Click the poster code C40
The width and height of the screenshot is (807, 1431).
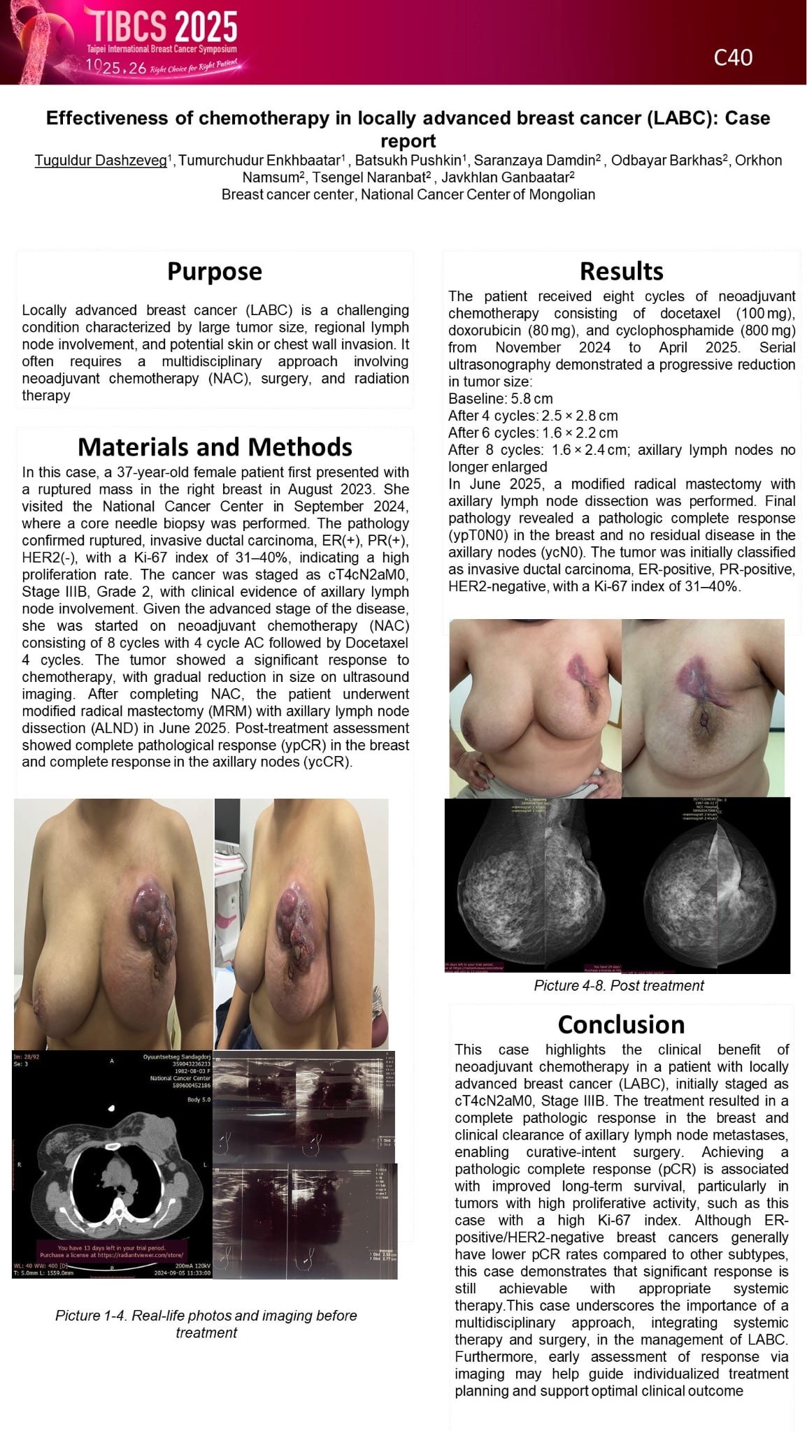[x=733, y=57]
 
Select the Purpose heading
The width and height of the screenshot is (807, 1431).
[x=214, y=271]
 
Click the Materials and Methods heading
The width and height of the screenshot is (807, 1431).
[x=215, y=446]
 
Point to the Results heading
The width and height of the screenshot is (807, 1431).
[x=621, y=271]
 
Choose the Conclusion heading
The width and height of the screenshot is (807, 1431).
[x=621, y=1024]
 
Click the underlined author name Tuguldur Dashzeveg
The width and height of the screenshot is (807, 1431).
[x=101, y=161]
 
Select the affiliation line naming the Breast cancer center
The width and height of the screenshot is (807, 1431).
[x=408, y=194]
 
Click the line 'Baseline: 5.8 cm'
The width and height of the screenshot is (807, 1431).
[x=500, y=398]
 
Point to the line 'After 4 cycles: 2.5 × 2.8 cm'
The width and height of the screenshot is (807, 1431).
[x=533, y=416]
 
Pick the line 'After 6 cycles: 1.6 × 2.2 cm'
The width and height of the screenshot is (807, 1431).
[x=533, y=433]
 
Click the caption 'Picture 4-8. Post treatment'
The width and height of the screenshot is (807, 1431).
[x=618, y=985]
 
